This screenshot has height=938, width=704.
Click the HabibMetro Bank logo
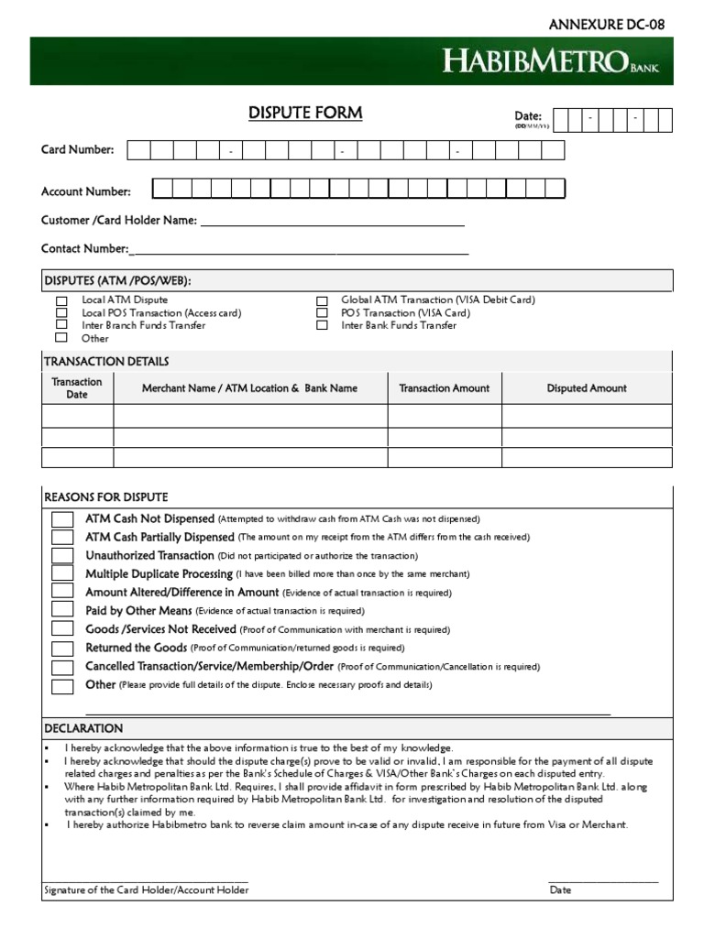[551, 62]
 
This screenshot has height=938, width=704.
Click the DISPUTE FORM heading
[305, 113]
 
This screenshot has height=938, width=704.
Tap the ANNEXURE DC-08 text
[607, 25]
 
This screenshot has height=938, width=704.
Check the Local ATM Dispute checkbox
[61, 300]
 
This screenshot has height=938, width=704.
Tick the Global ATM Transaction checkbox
[322, 300]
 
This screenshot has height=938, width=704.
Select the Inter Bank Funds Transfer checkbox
[322, 325]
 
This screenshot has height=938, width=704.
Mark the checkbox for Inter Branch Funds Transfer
[61, 324]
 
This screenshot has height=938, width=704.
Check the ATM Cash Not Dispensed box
[62, 519]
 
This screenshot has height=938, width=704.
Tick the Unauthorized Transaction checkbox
[62, 556]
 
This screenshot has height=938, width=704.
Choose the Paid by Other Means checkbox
[62, 610]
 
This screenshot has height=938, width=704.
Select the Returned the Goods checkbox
[62, 649]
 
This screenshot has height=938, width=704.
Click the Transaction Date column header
[77, 387]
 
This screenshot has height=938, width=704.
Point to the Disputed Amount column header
[587, 388]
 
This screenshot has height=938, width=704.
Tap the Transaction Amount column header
[445, 388]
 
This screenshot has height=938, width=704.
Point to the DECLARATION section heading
[83, 728]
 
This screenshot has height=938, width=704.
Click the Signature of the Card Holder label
[146, 890]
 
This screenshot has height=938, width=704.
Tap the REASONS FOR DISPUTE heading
[106, 497]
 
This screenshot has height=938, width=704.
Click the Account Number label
[86, 191]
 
